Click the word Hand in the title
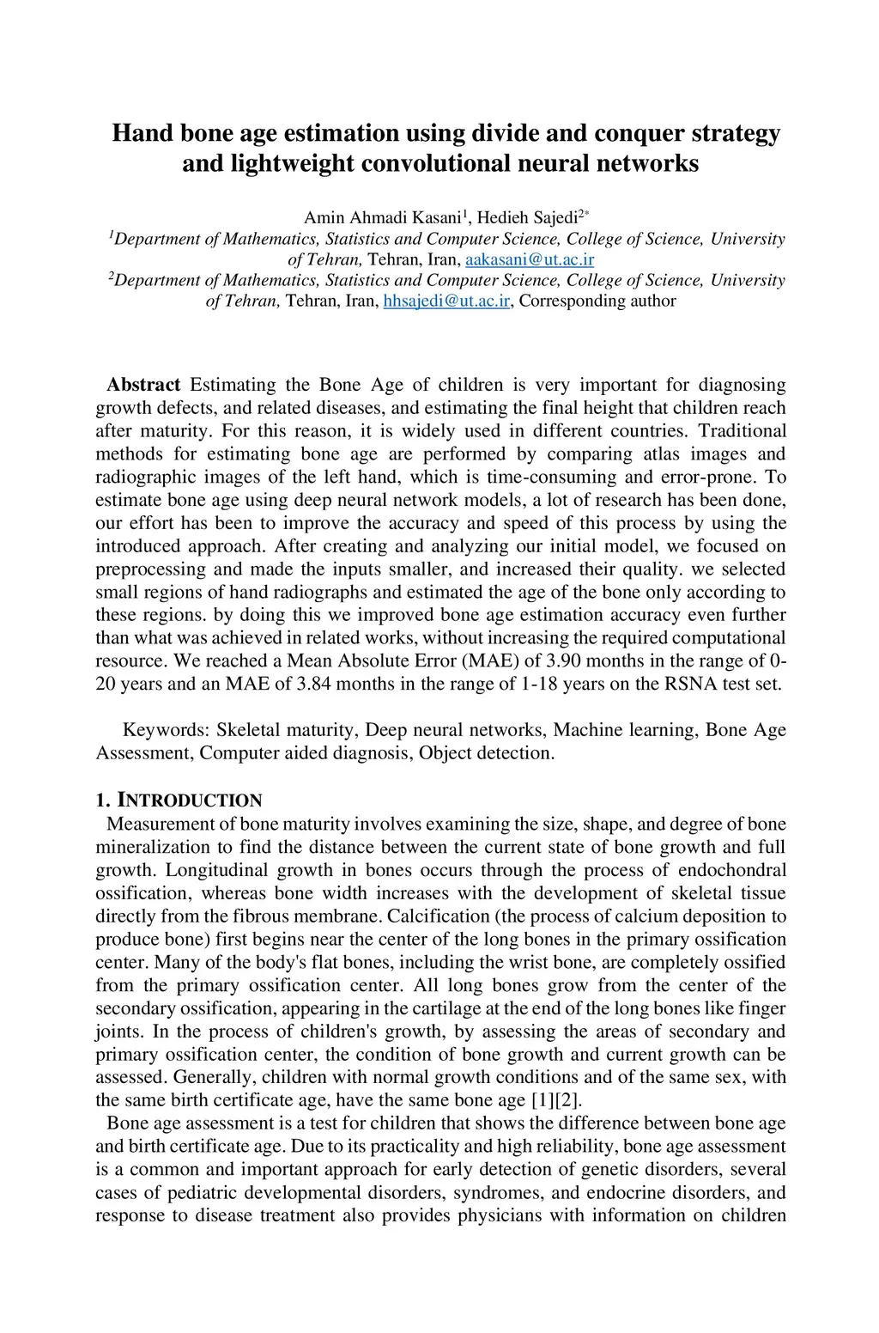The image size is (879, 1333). tap(142, 134)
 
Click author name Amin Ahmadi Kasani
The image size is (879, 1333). tap(383, 218)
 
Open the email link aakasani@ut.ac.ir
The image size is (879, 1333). tap(529, 259)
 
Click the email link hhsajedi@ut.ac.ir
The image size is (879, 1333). tap(446, 301)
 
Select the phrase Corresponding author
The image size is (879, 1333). tap(597, 301)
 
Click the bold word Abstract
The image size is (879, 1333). tap(143, 385)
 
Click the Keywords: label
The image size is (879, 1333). tap(167, 730)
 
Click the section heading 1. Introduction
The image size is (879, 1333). tap(179, 800)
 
